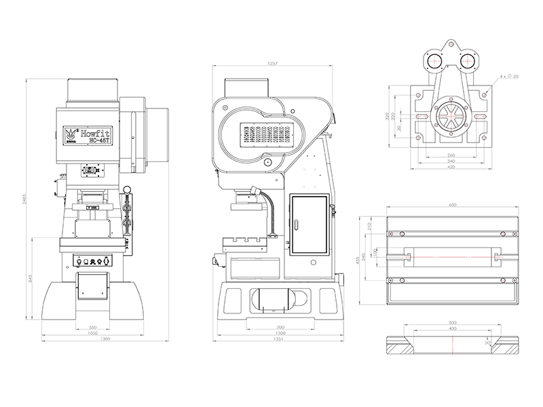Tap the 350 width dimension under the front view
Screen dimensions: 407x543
[92, 328]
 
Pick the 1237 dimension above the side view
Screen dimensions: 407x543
[274, 64]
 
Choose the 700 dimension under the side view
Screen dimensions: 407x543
[280, 328]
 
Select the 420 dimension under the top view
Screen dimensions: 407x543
[449, 167]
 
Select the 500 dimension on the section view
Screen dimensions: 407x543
[453, 323]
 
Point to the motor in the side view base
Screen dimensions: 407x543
[277, 298]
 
